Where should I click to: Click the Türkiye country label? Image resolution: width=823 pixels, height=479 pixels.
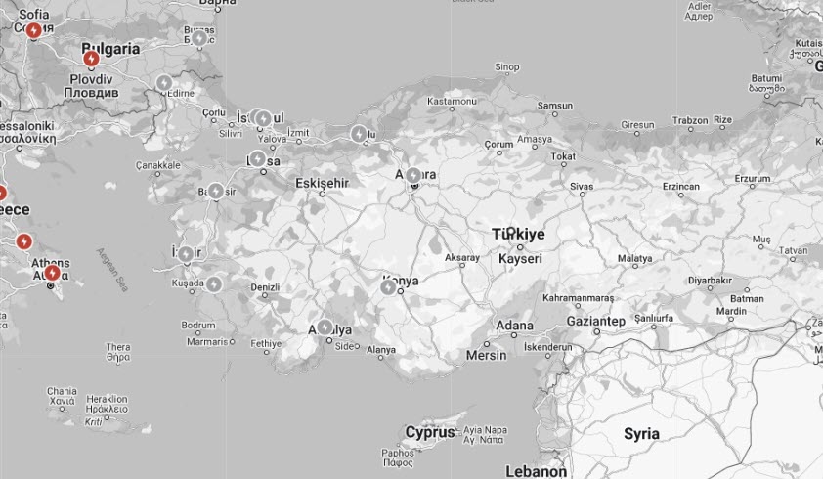[518, 235]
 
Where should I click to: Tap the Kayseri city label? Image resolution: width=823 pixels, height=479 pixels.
[520, 259]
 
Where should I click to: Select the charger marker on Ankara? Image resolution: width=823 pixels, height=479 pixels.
[413, 176]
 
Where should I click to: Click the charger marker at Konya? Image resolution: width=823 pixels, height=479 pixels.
[388, 286]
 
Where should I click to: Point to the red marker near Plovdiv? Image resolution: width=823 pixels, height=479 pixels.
[91, 59]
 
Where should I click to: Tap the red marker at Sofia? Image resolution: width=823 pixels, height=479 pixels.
[34, 30]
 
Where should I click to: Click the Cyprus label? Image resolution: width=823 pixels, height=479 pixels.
[430, 432]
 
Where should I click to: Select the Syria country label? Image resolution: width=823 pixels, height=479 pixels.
[641, 433]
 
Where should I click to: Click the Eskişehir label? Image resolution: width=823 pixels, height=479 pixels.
[322, 183]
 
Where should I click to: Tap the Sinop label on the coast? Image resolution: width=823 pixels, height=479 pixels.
[507, 66]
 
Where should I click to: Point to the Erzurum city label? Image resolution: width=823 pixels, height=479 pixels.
[753, 178]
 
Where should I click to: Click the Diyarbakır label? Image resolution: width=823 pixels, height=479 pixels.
[709, 280]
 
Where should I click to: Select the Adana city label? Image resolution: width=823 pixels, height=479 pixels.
[515, 325]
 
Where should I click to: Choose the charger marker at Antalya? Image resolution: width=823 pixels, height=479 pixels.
[325, 327]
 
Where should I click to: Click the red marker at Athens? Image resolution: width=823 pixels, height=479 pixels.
[52, 273]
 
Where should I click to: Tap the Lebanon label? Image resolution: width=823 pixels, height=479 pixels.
[536, 471]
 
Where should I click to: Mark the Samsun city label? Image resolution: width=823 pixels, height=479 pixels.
[554, 106]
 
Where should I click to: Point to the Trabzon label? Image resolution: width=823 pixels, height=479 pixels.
[690, 121]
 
